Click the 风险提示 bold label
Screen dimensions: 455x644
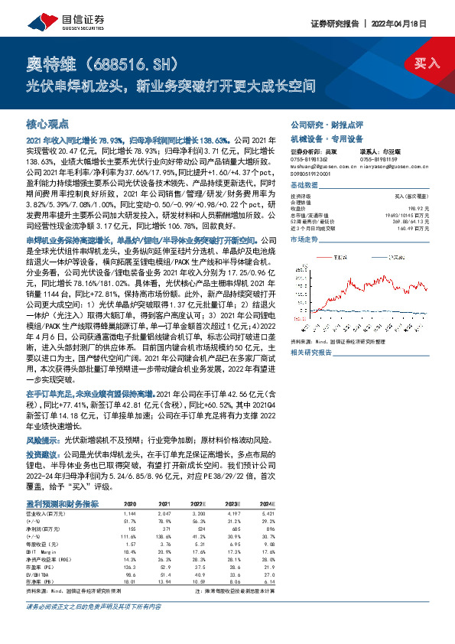[x=44, y=441]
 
